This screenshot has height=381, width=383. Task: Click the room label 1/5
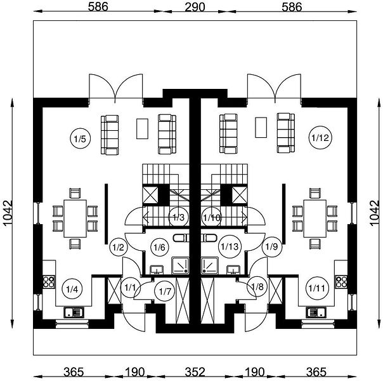click(x=80, y=139)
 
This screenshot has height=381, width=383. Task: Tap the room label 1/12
click(x=320, y=138)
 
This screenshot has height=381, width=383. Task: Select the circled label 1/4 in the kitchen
click(x=72, y=290)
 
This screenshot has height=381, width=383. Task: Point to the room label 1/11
click(x=317, y=288)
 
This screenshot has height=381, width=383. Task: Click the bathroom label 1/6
click(x=160, y=247)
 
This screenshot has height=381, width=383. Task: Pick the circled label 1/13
click(x=230, y=246)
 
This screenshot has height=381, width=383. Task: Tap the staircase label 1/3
click(x=179, y=217)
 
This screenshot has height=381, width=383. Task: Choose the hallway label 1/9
click(x=271, y=246)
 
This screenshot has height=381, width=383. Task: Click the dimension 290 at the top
click(x=195, y=7)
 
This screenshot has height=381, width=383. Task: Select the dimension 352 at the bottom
click(x=195, y=372)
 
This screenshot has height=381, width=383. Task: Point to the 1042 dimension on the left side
click(x=8, y=213)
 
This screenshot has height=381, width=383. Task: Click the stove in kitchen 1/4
click(x=49, y=282)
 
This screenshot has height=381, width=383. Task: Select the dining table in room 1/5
click(x=75, y=218)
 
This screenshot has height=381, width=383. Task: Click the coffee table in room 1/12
click(x=261, y=128)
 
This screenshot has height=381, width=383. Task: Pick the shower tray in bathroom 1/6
click(x=180, y=265)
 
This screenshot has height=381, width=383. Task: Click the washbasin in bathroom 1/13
click(x=233, y=269)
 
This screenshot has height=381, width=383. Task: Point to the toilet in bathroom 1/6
click(x=181, y=237)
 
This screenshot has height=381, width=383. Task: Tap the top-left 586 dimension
click(x=98, y=7)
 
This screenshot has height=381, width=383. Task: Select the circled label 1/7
click(x=165, y=291)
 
